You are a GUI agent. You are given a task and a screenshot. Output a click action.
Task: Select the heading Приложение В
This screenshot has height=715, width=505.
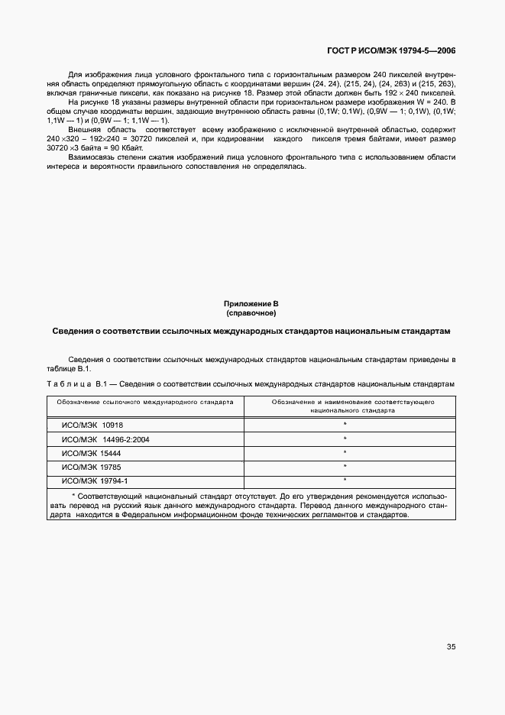coord(251,304)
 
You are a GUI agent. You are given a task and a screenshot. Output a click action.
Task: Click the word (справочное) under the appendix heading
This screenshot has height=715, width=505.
coord(251,313)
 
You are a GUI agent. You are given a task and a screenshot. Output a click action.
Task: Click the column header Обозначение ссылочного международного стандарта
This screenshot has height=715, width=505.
coord(145,400)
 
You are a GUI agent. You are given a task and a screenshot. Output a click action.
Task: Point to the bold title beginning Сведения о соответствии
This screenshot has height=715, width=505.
coord(251,332)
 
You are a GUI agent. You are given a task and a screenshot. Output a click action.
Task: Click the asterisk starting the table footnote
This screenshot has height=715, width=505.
coord(63,495)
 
